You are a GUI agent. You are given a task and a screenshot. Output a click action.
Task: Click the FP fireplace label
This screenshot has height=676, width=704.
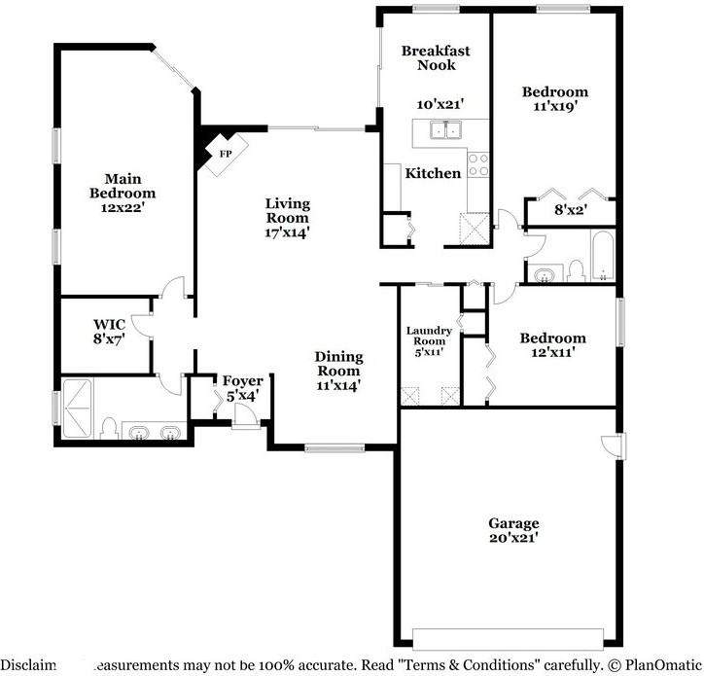pos(225,154)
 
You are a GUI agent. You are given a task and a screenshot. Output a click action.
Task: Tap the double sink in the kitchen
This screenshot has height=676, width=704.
pos(446,129)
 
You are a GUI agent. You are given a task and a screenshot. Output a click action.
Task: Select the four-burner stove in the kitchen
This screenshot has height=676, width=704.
pos(477,165)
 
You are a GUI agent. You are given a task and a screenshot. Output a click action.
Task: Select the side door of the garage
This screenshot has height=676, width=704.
pos(611,445)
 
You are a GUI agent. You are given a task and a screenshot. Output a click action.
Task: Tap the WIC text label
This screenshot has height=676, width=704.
pos(108,324)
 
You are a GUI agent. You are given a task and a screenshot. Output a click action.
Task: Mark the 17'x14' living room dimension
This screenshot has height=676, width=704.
pos(288,232)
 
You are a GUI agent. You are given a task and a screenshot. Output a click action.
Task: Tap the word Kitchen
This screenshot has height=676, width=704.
pos(433,173)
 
